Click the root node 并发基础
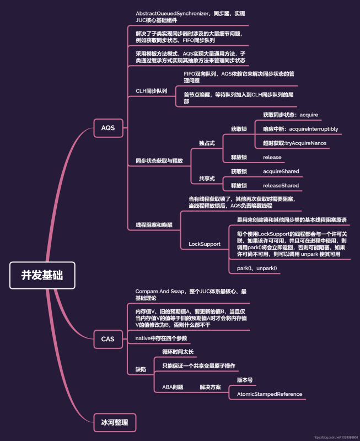pyautogui.click(x=42, y=275)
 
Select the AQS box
pyautogui.click(x=108, y=128)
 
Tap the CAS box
pyautogui.click(x=108, y=339)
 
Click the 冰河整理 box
pyautogui.click(x=114, y=422)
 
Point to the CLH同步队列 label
pyautogui.click(x=151, y=91)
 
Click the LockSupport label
pyautogui.click(x=204, y=244)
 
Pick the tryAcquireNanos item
pyautogui.click(x=294, y=143)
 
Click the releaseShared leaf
pyautogui.click(x=281, y=186)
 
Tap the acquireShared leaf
pyautogui.click(x=281, y=171)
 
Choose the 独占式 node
pyautogui.click(x=207, y=143)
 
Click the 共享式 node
pyautogui.click(x=207, y=179)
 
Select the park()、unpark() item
pyautogui.click(x=257, y=268)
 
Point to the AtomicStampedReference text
pyautogui.click(x=270, y=394)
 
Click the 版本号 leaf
pyautogui.click(x=245, y=380)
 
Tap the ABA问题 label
pyautogui.click(x=173, y=388)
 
